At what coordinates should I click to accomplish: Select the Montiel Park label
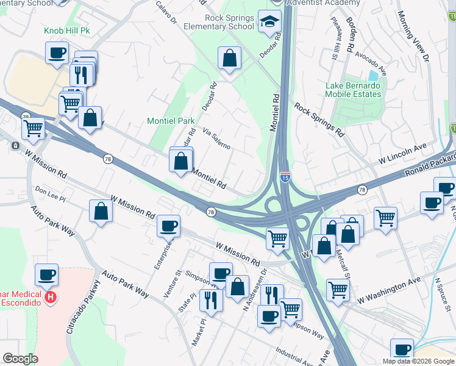171,121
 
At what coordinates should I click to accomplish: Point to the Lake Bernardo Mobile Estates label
353,90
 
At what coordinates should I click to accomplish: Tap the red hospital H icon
52,298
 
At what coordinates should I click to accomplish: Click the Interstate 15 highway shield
285,176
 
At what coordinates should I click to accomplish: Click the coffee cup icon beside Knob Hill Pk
57,53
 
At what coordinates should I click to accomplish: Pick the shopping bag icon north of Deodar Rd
230,59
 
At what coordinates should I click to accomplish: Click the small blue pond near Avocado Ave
373,76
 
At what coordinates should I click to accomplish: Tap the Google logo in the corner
21,359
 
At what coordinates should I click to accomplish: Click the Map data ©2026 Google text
418,361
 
